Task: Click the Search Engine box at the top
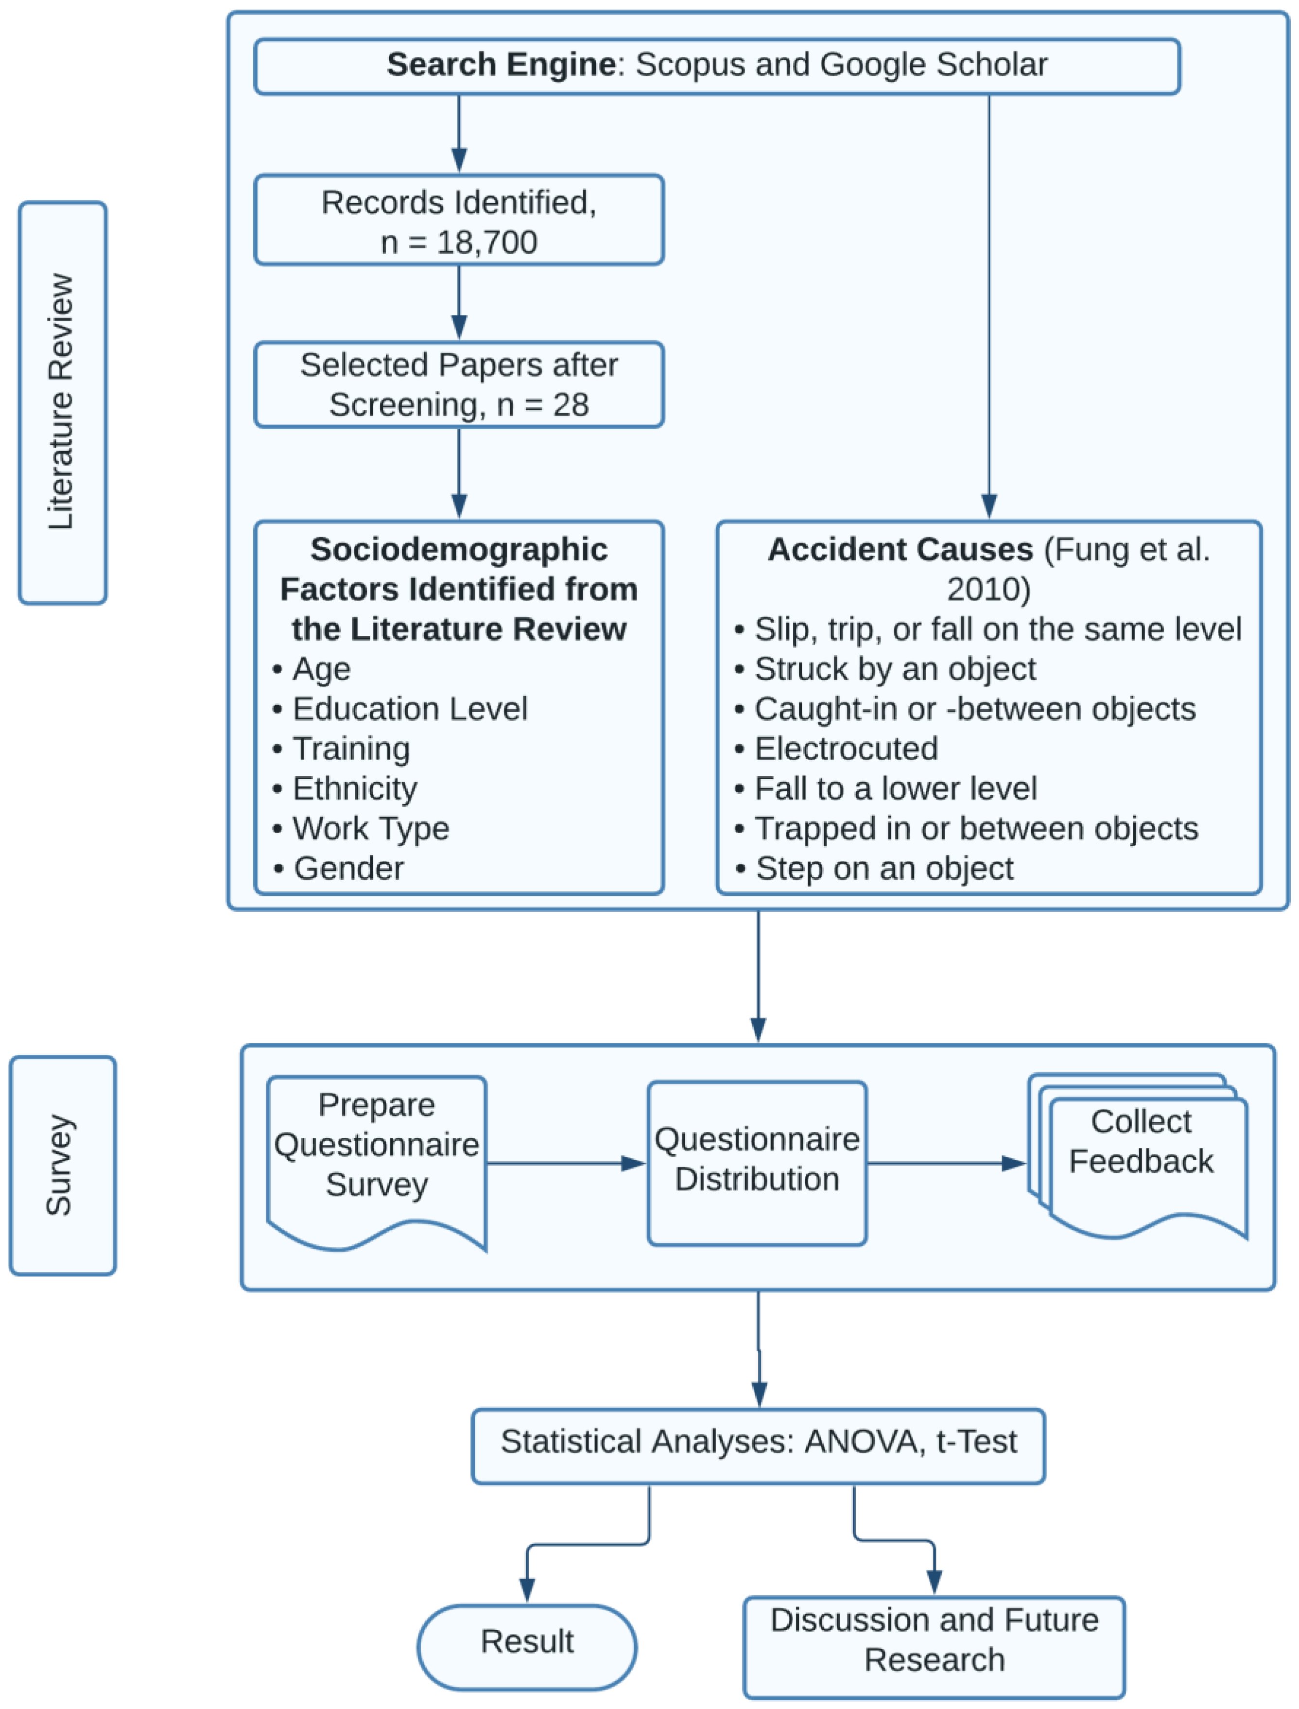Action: [x=717, y=67]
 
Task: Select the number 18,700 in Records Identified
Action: [x=487, y=242]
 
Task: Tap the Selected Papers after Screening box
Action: [x=459, y=384]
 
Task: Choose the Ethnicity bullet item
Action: [x=345, y=789]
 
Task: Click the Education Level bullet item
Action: [x=400, y=709]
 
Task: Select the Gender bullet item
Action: [x=339, y=869]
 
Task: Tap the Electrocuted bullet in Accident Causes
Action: [x=837, y=749]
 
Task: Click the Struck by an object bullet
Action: [x=885, y=669]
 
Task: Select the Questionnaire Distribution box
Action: [x=757, y=1163]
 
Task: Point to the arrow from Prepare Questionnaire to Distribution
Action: [x=567, y=1163]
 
